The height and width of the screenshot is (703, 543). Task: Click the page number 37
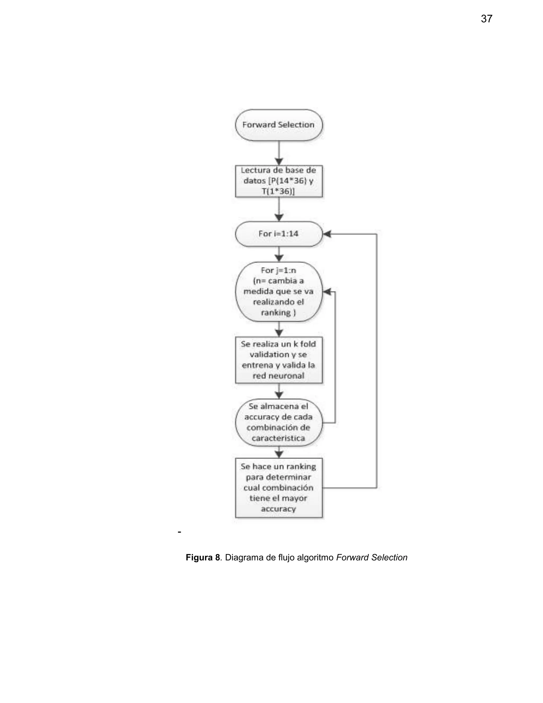486,19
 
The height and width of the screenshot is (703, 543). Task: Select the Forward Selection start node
279,125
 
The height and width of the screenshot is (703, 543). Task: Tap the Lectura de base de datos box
279,181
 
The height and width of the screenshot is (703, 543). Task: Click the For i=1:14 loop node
279,234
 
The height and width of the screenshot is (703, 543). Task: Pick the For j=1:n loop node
279,292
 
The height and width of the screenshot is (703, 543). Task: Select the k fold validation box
279,360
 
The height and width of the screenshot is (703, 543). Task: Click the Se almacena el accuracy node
279,422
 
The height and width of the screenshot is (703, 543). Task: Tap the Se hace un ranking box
279,487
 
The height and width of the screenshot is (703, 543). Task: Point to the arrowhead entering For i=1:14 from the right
327,234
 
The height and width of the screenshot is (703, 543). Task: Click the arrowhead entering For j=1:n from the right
327,292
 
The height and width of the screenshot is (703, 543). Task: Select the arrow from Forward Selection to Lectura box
279,153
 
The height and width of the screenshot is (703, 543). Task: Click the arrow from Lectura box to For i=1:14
279,209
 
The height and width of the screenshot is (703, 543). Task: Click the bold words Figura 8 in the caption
203,558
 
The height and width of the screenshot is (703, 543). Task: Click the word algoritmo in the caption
315,558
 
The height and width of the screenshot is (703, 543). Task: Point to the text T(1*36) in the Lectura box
279,192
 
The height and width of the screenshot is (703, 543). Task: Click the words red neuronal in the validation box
279,376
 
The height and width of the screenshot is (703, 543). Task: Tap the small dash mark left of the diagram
179,532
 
